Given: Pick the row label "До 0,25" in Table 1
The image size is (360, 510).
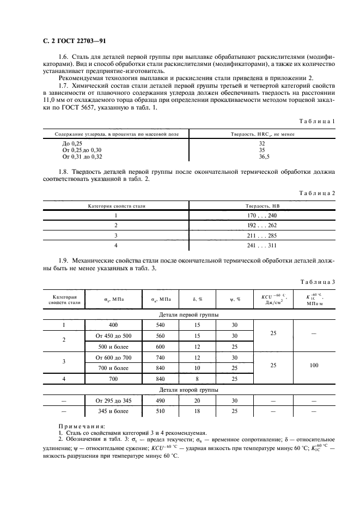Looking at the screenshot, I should [x=72, y=143].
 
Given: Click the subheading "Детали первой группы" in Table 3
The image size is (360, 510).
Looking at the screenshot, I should [x=188, y=315].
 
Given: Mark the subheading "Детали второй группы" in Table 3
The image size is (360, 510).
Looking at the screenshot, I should [x=188, y=390].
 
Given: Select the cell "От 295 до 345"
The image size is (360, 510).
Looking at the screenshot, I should [x=113, y=400].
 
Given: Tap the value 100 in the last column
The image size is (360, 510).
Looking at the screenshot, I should [x=314, y=366].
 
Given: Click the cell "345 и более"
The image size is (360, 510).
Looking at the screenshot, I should [x=113, y=412].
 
